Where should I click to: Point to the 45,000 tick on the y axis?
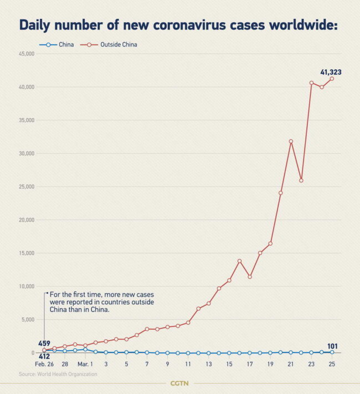point(26,54)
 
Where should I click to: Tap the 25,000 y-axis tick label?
point(26,187)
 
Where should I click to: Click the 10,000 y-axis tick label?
point(26,286)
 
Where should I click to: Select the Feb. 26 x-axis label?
point(44,364)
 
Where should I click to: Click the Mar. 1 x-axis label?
point(85,364)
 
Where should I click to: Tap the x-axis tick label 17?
point(250,364)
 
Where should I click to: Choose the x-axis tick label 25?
point(332,364)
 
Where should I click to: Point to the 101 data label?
point(332,346)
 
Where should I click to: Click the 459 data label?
point(44,344)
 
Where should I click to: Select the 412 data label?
point(44,356)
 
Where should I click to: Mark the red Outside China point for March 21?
point(291,141)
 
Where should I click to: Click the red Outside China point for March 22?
point(301,180)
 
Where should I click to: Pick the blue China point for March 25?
point(332,352)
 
